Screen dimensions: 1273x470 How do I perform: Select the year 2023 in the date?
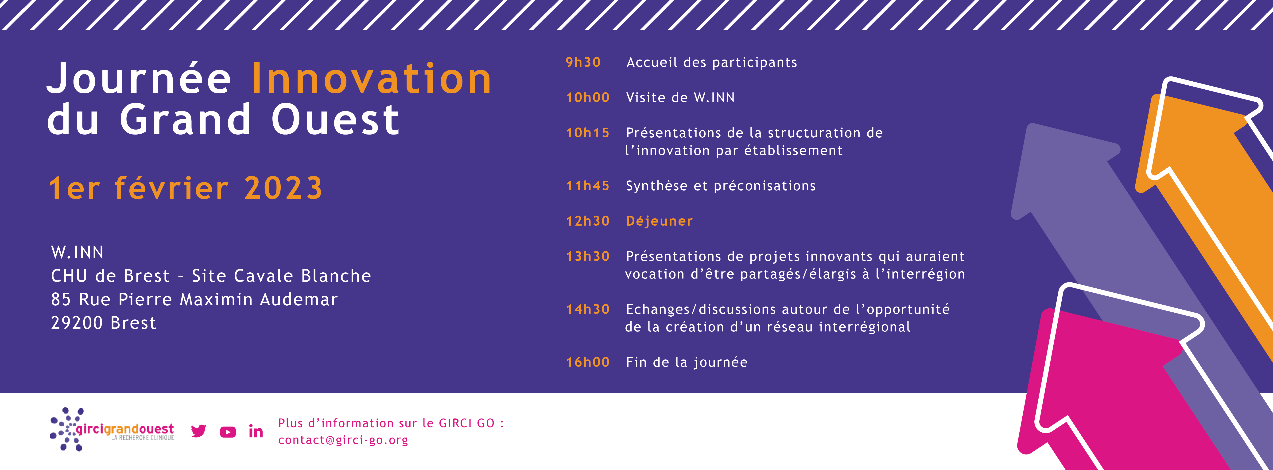tap(283, 188)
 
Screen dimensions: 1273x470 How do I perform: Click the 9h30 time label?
tap(583, 62)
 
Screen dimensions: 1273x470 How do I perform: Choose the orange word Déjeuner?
tap(659, 221)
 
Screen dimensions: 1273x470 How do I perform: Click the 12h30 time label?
tap(588, 221)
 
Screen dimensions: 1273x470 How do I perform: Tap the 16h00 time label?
tap(588, 362)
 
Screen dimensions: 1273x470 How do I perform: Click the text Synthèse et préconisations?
tap(721, 186)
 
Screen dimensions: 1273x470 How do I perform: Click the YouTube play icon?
tap(228, 432)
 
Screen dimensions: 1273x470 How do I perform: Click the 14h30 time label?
tap(588, 309)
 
